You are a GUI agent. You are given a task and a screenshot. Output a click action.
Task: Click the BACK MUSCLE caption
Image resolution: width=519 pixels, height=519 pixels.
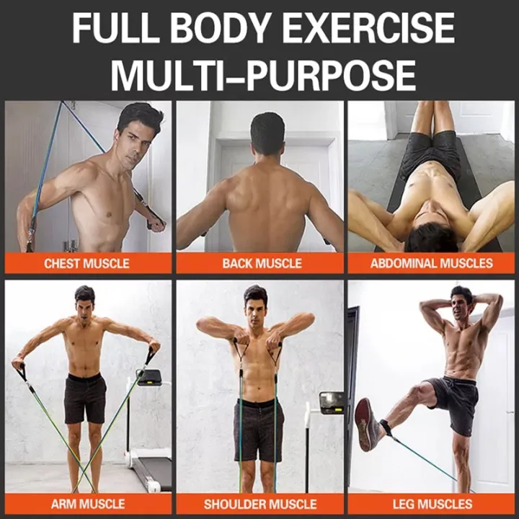pos(262,263)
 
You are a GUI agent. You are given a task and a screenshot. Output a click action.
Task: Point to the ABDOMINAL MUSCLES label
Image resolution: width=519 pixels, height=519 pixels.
pos(432,263)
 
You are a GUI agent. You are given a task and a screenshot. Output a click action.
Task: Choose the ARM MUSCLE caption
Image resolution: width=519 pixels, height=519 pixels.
pos(88,503)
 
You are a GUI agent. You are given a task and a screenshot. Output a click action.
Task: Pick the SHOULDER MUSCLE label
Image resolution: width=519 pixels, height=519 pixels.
pos(260,503)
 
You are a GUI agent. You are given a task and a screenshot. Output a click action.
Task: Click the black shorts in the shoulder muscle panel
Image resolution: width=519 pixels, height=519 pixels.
pos(258,428)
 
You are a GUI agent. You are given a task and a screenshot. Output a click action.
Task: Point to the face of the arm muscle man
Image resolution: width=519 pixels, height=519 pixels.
pos(85,305)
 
